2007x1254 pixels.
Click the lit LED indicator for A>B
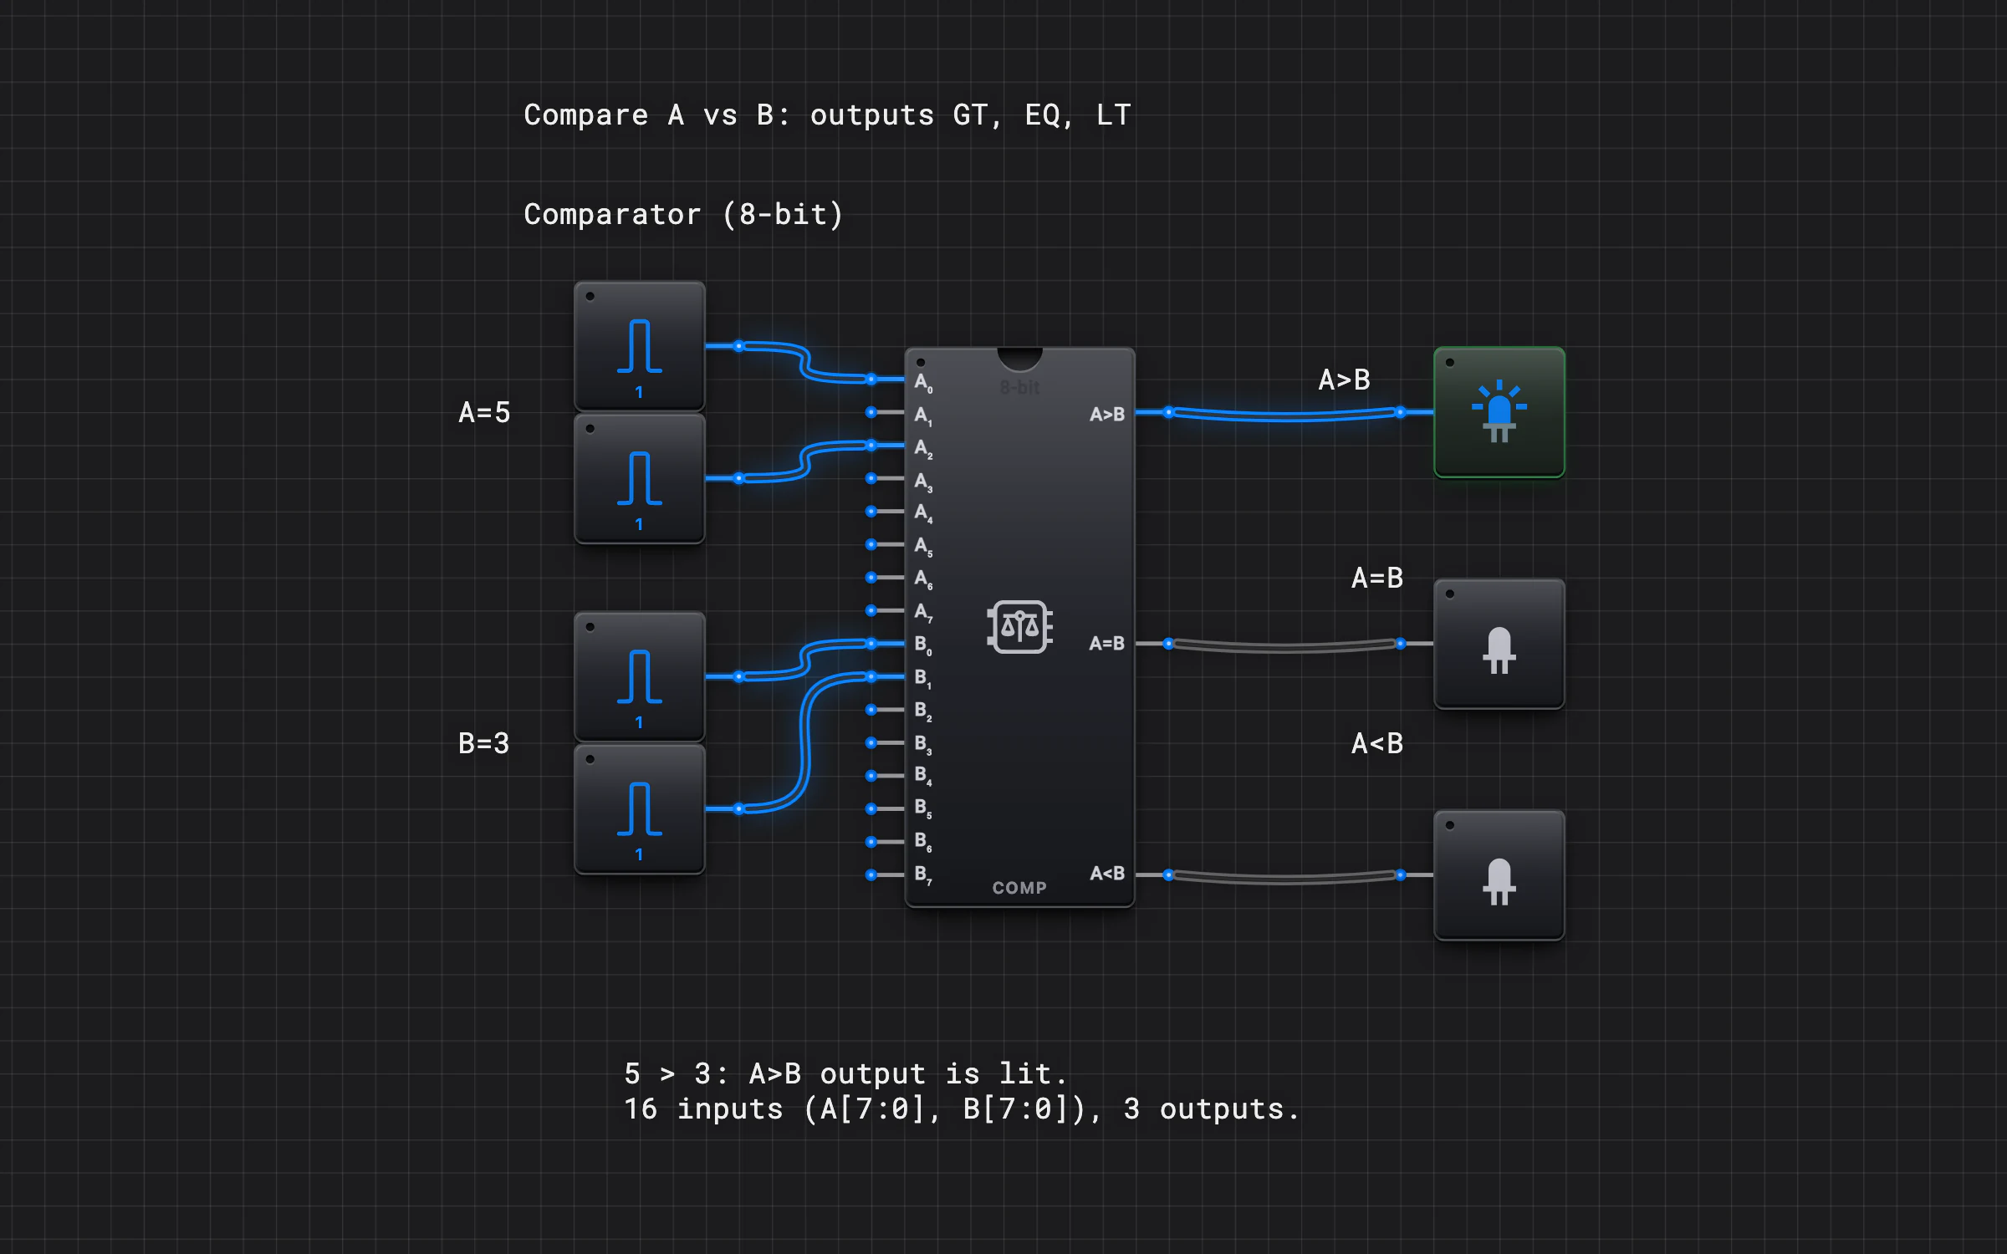pyautogui.click(x=1499, y=412)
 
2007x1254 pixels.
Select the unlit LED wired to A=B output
pyautogui.click(x=1499, y=644)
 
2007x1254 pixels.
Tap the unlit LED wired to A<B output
pyautogui.click(x=1499, y=875)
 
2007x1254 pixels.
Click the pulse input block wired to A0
pyautogui.click(x=640, y=346)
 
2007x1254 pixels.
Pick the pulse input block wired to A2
pyautogui.click(x=640, y=478)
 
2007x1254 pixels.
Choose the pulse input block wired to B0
pyautogui.click(x=640, y=676)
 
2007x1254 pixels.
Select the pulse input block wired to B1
pyautogui.click(x=640, y=808)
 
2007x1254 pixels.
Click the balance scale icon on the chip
pyautogui.click(x=1019, y=626)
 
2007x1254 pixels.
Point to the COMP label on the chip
pyautogui.click(x=1019, y=888)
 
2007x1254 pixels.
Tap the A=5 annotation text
pyautogui.click(x=484, y=412)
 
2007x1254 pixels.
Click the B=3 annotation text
pyautogui.click(x=484, y=743)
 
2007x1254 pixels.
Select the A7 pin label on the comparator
pyautogui.click(x=923, y=613)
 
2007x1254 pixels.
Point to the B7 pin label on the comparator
pyautogui.click(x=923, y=875)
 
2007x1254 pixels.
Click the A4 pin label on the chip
pyautogui.click(x=923, y=513)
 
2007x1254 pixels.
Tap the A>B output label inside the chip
pyautogui.click(x=1107, y=414)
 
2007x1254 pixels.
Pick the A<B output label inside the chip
pyautogui.click(x=1107, y=874)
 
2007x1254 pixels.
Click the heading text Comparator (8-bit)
pyautogui.click(x=683, y=215)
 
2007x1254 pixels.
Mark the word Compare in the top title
pyautogui.click(x=585, y=115)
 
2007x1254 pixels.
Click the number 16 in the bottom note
pyautogui.click(x=641, y=1109)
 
